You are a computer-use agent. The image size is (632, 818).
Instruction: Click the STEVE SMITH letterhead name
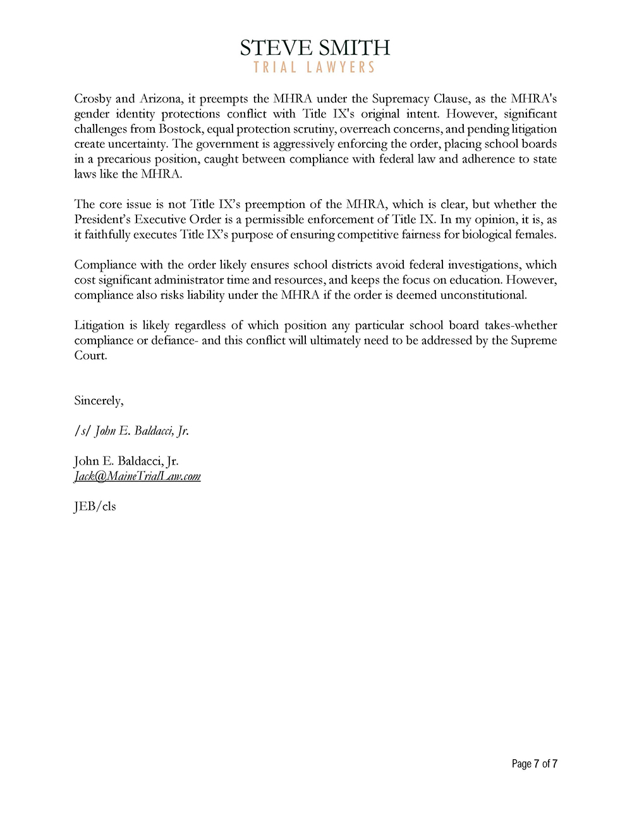315,47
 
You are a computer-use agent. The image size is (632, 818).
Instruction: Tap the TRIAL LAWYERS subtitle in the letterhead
315,67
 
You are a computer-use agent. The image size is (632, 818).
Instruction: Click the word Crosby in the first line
92,99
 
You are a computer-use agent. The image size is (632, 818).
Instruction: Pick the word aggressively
303,144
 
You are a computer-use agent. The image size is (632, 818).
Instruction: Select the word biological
487,235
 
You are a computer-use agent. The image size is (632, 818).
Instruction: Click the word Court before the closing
90,356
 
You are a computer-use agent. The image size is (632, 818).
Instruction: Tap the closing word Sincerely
99,401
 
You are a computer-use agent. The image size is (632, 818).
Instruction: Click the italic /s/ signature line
131,431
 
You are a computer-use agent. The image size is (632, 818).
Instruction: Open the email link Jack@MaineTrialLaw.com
137,477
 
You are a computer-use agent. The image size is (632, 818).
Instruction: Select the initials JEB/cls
95,506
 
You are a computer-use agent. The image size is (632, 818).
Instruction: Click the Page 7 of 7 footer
534,764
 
